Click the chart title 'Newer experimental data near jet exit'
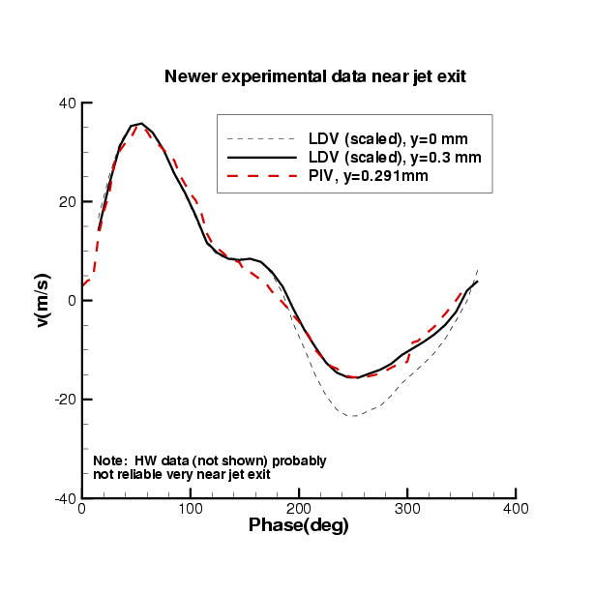(315, 76)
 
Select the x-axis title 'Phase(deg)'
(299, 525)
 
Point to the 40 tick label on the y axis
(68, 104)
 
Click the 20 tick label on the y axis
(68, 202)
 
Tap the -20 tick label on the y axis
(65, 400)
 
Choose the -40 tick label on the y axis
(65, 498)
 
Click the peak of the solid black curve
(141, 124)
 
